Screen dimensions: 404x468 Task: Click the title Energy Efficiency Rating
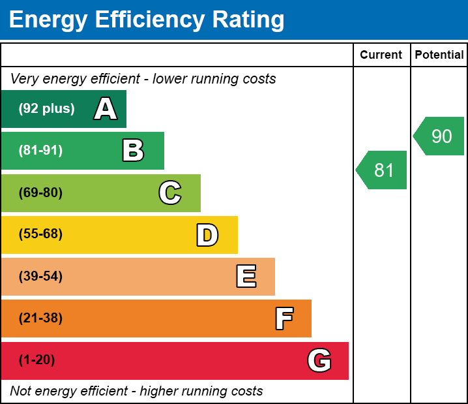click(147, 20)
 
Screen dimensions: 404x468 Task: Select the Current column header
click(381, 55)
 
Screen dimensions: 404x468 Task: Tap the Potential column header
click(439, 55)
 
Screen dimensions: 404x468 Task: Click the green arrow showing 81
click(383, 170)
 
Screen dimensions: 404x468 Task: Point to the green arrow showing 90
click(440, 136)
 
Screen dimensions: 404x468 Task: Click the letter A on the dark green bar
click(106, 109)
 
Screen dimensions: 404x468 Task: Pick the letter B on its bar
click(133, 151)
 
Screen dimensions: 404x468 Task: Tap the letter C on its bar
click(170, 193)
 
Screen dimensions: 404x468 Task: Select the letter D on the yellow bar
click(207, 235)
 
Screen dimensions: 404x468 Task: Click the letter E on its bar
click(246, 277)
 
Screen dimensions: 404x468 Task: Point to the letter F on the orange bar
click(284, 319)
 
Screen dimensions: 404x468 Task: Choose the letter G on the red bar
click(319, 360)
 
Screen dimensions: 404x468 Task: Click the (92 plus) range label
click(46, 109)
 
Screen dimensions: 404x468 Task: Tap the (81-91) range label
click(40, 151)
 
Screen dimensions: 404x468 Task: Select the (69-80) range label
click(40, 193)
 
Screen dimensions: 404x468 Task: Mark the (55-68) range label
click(40, 234)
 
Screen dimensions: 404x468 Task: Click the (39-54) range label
click(40, 277)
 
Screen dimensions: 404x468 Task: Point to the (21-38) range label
click(40, 319)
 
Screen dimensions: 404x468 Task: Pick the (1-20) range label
click(37, 360)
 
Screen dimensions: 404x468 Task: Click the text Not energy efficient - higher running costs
click(136, 392)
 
